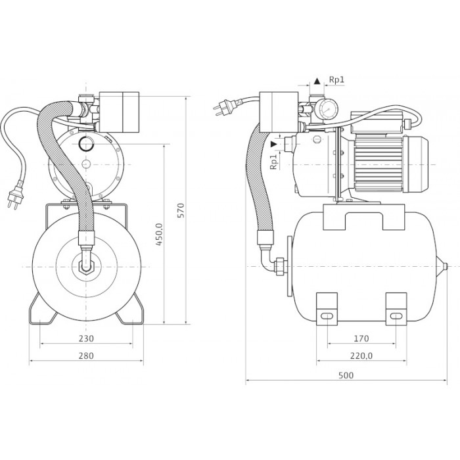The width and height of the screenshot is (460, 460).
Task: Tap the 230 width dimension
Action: point(86,338)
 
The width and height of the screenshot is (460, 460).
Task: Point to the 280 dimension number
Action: point(86,356)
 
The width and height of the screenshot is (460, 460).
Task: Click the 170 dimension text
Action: point(361,338)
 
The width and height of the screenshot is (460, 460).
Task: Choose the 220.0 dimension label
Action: point(361,356)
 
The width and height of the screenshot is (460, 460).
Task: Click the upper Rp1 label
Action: point(337,80)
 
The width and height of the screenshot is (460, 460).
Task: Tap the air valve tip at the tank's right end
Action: point(447,267)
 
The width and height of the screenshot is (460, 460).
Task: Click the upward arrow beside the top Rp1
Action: point(317,81)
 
